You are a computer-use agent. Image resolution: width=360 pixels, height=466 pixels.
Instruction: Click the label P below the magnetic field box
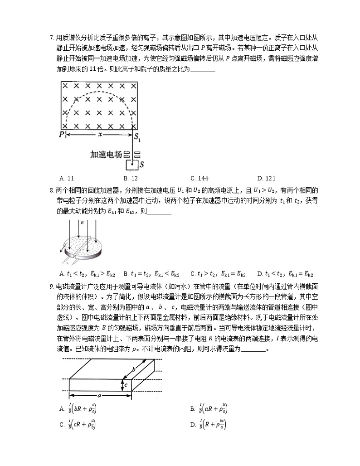pos(62,135)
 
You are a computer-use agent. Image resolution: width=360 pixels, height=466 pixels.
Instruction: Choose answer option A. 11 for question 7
pos(67,178)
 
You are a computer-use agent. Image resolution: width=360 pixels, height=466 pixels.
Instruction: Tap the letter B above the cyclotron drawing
pos(82,223)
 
